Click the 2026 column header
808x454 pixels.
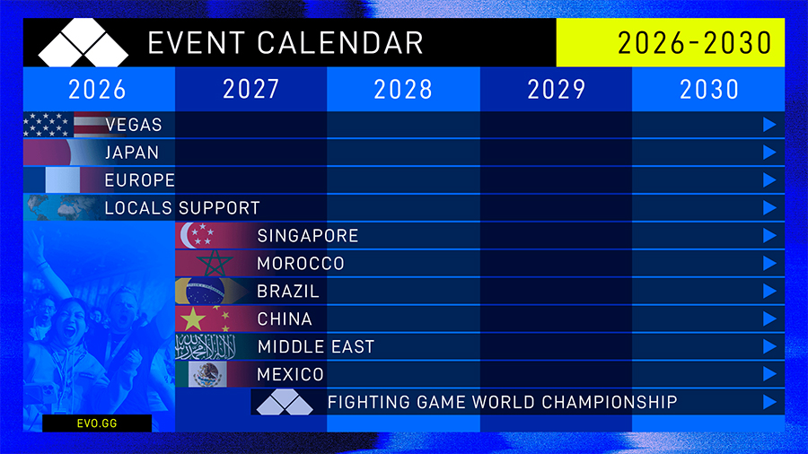[98, 89]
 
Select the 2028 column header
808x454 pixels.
[403, 89]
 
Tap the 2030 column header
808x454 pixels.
[709, 89]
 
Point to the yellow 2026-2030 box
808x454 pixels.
[670, 43]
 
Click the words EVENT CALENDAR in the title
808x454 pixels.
[285, 43]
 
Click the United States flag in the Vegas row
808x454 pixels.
[63, 125]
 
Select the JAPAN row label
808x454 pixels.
[132, 153]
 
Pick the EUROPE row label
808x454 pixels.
[139, 180]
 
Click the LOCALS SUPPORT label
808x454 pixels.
[182, 208]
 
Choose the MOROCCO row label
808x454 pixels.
[301, 264]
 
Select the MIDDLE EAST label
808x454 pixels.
[315, 347]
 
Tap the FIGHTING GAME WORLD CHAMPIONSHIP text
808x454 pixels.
[502, 402]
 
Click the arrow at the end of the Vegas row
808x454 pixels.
[768, 125]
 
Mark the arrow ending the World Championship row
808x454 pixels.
[768, 402]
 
